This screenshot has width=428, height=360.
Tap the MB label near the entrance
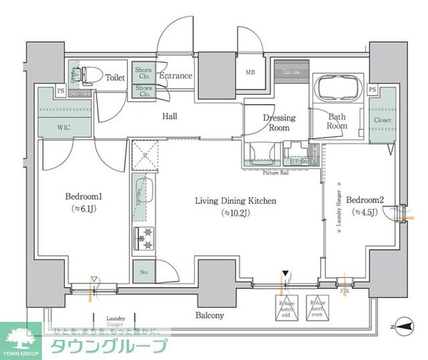coord(250,72)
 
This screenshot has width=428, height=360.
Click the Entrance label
coord(175,76)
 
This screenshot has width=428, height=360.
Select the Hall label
coord(169,116)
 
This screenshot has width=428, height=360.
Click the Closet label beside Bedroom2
coord(382,120)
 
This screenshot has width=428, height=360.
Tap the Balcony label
coord(210,315)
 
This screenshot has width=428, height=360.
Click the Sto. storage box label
coord(141,271)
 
